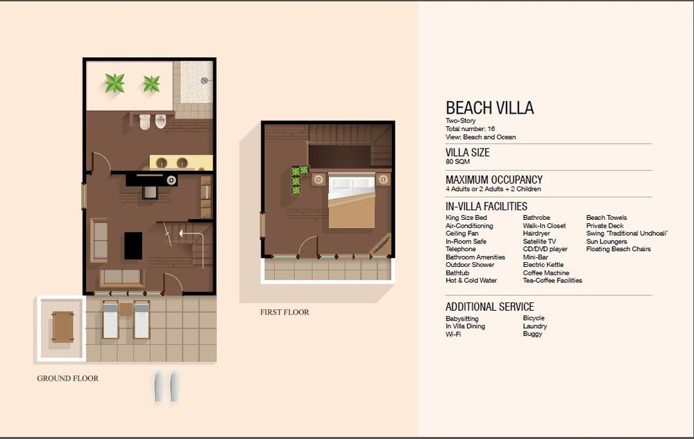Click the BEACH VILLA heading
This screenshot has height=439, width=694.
tap(489, 108)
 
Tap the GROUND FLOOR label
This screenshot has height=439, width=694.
tap(68, 379)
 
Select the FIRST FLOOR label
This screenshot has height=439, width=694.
tap(285, 312)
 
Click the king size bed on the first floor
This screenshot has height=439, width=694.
tap(351, 201)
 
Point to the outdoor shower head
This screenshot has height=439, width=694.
tap(205, 80)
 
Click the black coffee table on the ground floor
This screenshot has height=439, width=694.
tap(133, 246)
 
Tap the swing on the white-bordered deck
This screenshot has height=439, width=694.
tap(62, 327)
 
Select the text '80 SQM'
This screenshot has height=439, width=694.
tap(457, 162)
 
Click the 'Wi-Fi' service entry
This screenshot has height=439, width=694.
tap(453, 334)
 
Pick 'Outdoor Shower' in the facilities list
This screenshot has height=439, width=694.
tap(470, 265)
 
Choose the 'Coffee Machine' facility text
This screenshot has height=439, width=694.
tap(545, 273)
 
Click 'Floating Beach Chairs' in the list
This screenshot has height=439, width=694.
tap(618, 249)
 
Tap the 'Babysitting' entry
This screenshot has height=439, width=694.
tap(462, 319)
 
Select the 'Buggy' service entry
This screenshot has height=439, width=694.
tap(532, 334)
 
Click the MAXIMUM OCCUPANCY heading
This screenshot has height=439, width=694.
tap(494, 180)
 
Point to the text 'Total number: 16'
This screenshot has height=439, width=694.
tap(470, 129)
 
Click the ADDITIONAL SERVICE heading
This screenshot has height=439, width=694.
tap(489, 307)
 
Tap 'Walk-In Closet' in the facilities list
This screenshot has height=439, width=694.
tap(544, 225)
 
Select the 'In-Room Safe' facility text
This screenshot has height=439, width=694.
tap(466, 241)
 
